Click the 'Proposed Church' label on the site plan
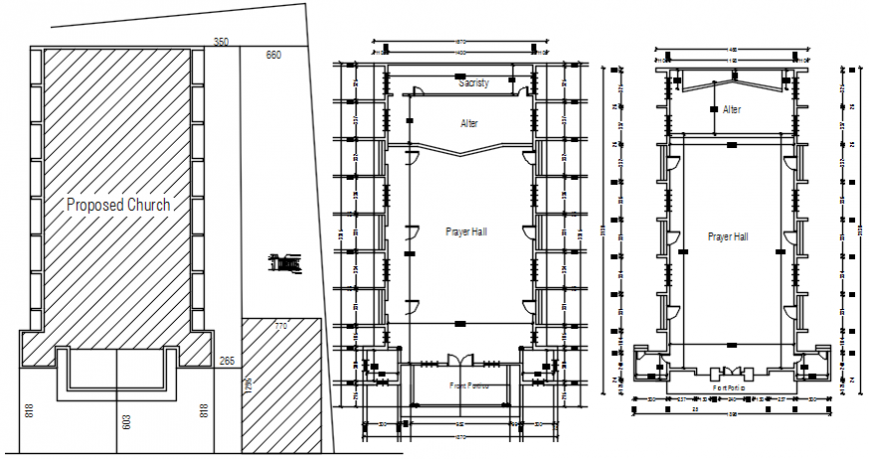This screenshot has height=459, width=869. coord(118,205)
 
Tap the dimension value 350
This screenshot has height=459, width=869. coord(221,42)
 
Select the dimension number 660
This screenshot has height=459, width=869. coord(273,55)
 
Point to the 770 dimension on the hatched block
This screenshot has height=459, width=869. coord(281,326)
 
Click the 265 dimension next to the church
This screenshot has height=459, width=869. coord(227,361)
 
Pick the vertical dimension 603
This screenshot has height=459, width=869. coord(127,421)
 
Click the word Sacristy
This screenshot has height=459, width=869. coord(473,83)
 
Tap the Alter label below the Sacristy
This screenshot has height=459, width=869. coord(468,123)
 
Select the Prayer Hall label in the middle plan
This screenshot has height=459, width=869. coord(466,231)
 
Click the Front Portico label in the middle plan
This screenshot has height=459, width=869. coord(468,385)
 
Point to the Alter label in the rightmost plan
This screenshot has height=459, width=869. coord(732,110)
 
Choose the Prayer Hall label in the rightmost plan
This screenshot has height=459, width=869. coord(728,237)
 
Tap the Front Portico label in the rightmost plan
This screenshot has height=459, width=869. coord(731,387)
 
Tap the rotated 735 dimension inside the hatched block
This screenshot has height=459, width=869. coord(247,386)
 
